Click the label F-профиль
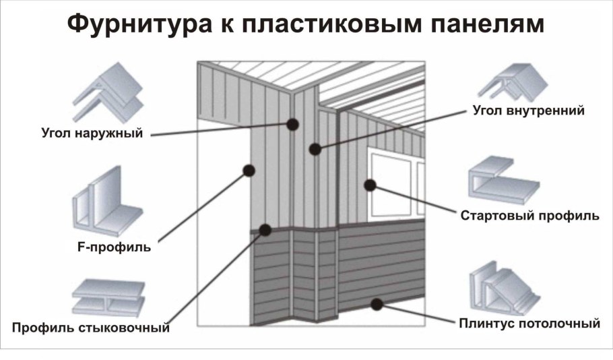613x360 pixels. point(110,247)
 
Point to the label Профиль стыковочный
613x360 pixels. point(90,328)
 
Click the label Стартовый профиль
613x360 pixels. point(529,216)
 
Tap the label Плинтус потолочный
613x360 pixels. point(529,324)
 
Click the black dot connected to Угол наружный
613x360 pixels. point(292,124)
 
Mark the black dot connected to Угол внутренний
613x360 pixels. point(315,149)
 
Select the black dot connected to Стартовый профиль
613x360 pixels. point(370,185)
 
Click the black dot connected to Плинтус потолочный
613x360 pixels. point(377,304)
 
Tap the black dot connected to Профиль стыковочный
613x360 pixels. point(265,231)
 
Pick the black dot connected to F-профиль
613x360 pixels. point(248,171)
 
